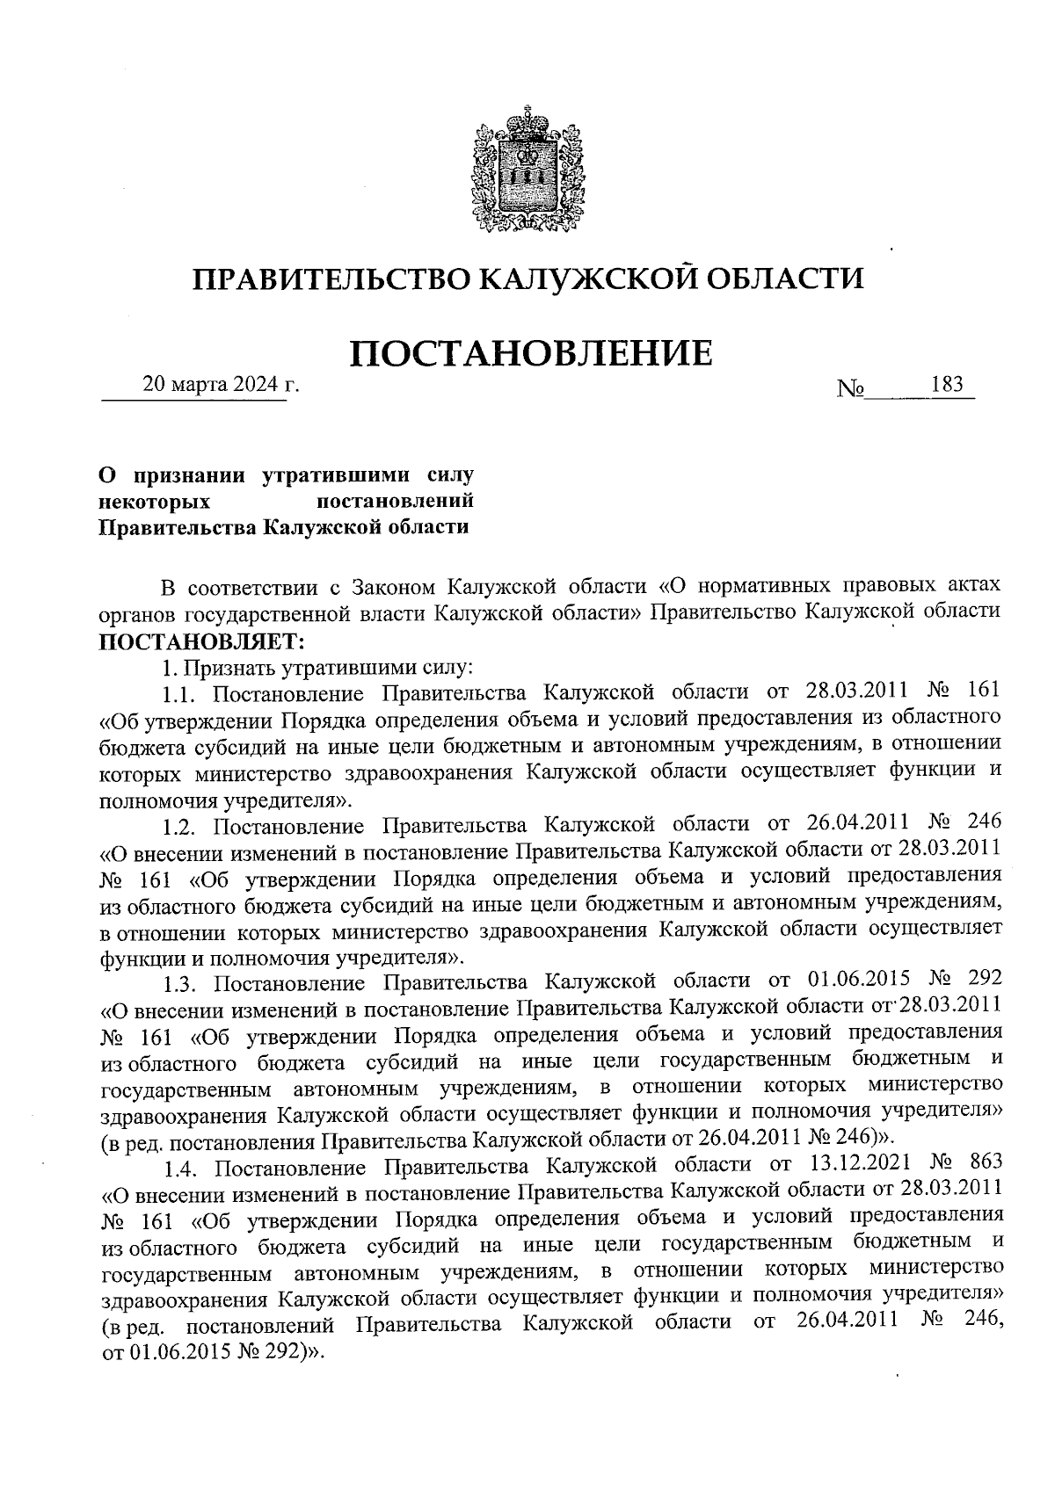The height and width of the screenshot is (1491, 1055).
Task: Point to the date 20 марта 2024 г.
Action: click(x=221, y=385)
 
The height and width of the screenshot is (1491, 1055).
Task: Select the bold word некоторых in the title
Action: click(x=156, y=501)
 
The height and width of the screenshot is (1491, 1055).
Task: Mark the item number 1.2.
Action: click(x=183, y=825)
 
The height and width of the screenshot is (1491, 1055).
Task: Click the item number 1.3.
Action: click(x=183, y=982)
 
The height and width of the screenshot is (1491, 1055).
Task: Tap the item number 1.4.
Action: click(x=183, y=1166)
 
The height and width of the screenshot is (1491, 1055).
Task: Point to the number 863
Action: click(x=983, y=1166)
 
